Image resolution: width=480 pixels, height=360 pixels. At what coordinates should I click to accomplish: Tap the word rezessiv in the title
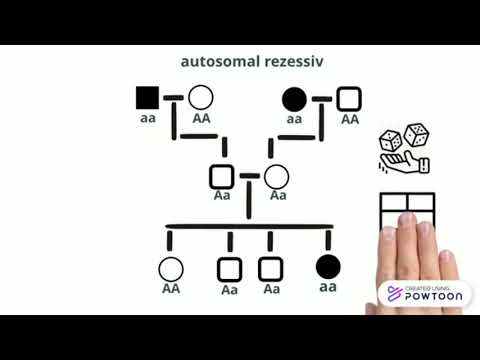(x=295, y=62)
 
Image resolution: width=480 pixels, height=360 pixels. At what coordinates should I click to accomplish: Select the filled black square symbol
(x=147, y=98)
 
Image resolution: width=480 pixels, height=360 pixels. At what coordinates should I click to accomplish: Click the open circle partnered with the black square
(x=201, y=98)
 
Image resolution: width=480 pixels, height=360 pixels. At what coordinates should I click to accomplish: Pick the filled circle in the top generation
(x=294, y=99)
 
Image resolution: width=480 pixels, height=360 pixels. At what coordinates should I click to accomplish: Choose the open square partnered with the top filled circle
(x=349, y=99)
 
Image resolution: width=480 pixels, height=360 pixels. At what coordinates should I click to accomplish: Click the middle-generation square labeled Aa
(x=222, y=177)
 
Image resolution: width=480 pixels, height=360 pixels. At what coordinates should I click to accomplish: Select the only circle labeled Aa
(x=276, y=177)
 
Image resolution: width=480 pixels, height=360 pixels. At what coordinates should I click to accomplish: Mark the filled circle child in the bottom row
(x=327, y=267)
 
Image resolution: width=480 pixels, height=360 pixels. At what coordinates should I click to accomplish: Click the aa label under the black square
(x=147, y=118)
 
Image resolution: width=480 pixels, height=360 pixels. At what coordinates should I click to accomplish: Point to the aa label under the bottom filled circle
(x=327, y=287)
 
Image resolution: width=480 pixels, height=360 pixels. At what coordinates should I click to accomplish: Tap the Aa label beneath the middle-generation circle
(x=276, y=196)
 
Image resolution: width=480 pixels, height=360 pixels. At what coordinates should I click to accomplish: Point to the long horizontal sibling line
(x=250, y=226)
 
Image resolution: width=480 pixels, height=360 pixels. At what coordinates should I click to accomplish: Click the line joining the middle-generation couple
(x=249, y=175)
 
